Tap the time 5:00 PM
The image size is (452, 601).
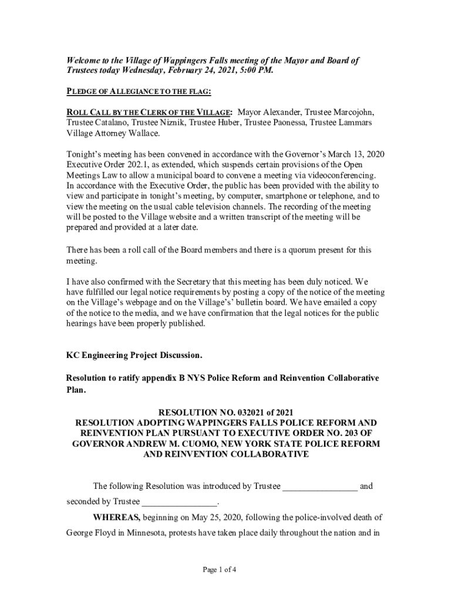pyautogui.click(x=255, y=71)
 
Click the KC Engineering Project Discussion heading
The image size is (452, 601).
pyautogui.click(x=134, y=356)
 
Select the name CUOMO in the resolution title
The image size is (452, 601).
pyautogui.click(x=214, y=444)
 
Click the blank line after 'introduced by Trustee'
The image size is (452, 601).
pyautogui.click(x=319, y=487)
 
